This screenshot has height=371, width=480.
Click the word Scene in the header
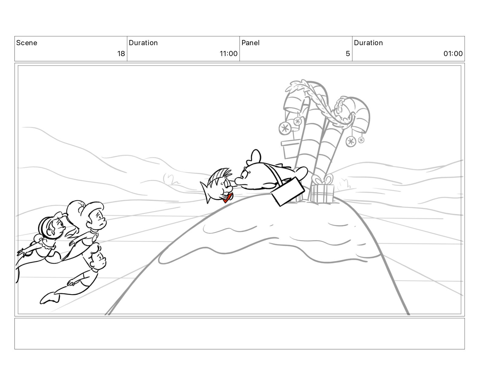click(x=26, y=43)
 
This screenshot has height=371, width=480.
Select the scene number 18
click(x=121, y=54)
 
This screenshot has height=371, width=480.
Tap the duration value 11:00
click(x=228, y=54)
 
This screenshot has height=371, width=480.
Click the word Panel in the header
click(x=250, y=43)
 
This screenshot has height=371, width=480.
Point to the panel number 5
click(x=348, y=54)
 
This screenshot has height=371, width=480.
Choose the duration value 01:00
click(x=453, y=54)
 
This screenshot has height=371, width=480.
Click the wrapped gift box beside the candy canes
click(x=322, y=194)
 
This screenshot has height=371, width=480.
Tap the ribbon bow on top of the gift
click(x=323, y=179)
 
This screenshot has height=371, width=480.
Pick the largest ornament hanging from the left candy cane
click(x=285, y=128)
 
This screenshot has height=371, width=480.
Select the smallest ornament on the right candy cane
click(x=361, y=140)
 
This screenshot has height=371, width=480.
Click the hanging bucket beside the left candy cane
click(x=290, y=149)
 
